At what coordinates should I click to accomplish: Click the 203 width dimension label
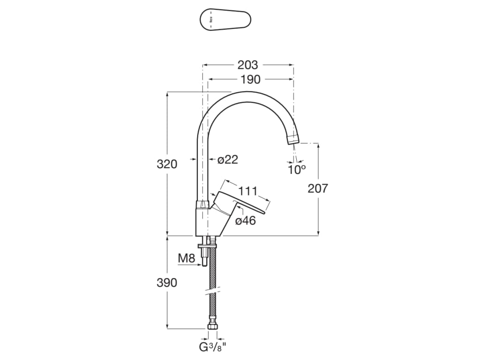[247, 65]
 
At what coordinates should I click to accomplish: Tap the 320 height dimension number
[167, 164]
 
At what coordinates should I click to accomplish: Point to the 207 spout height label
[318, 188]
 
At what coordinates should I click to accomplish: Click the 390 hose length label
[167, 283]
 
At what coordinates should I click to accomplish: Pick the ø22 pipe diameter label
[228, 160]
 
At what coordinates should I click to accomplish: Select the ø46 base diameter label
[245, 221]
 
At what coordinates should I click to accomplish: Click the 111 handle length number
[248, 191]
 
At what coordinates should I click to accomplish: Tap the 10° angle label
[297, 170]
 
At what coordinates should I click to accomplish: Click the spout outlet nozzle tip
[293, 139]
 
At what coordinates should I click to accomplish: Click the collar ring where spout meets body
[202, 205]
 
